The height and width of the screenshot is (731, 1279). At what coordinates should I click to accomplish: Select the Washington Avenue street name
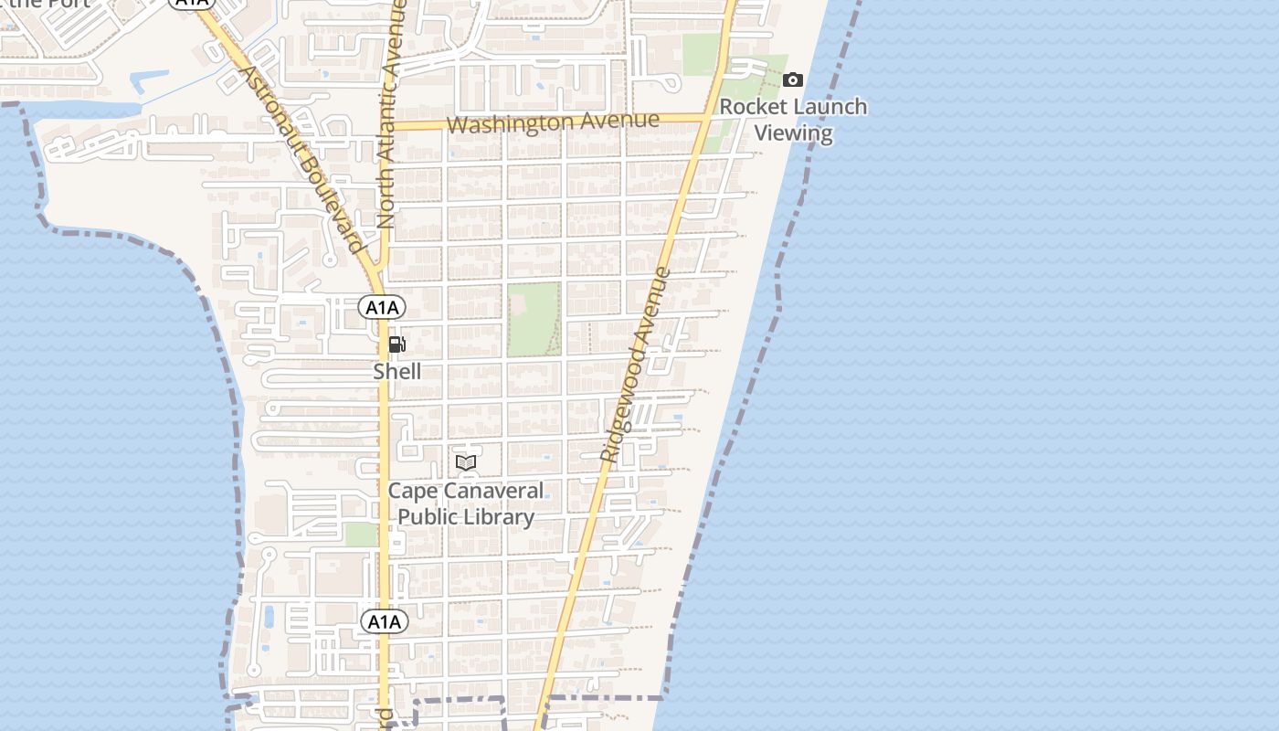point(554,122)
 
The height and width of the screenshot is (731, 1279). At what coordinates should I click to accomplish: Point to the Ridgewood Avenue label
point(636,364)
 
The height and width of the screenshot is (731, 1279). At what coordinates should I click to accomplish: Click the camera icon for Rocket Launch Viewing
point(793,80)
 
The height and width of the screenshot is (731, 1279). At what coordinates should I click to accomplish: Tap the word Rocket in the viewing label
point(752,107)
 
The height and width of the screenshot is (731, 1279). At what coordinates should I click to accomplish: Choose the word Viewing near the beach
point(794,133)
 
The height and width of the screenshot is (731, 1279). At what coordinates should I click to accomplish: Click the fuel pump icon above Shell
point(397,344)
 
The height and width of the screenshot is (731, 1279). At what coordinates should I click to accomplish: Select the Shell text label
point(397,372)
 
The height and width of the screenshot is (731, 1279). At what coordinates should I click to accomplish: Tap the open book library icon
point(466,462)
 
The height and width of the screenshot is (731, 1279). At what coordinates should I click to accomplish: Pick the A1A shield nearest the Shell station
point(382,307)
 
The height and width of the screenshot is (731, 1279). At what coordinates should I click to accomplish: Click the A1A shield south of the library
point(385,622)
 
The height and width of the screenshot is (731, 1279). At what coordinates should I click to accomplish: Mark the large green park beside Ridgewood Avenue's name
point(534,319)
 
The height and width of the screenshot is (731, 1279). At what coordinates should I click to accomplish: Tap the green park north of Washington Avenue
point(702,55)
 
